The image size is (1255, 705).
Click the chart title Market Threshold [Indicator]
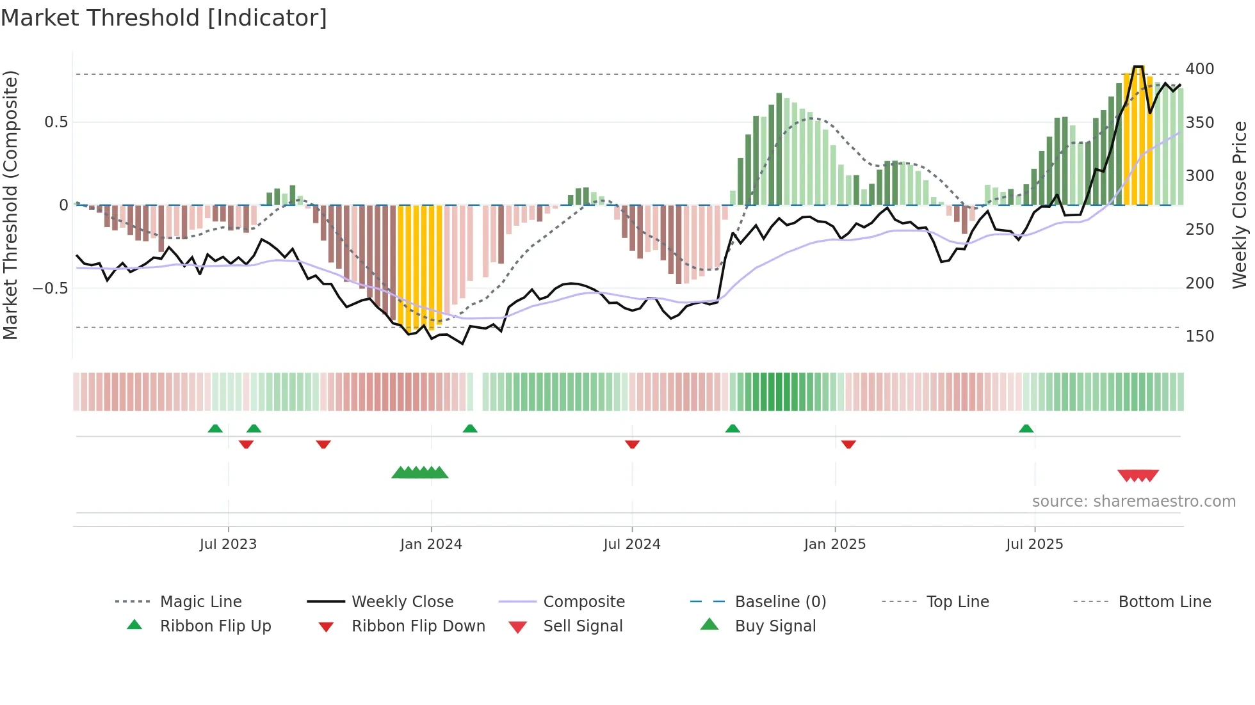(x=164, y=18)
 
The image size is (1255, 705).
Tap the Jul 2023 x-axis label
(x=228, y=544)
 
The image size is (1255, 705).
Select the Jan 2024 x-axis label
(x=431, y=544)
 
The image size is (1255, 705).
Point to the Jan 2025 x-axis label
(x=835, y=544)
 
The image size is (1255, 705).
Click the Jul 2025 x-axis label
(x=1035, y=544)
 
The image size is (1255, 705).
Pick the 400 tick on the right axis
(x=1199, y=69)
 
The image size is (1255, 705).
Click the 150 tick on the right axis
(x=1199, y=337)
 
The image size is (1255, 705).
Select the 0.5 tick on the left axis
(x=56, y=122)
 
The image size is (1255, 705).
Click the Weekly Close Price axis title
(x=1240, y=205)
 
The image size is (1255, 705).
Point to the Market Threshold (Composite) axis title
(x=10, y=205)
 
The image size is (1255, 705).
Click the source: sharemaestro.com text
(x=1133, y=502)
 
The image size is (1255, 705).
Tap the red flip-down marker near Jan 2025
(x=848, y=444)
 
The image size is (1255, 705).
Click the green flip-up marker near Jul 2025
(x=1026, y=429)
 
